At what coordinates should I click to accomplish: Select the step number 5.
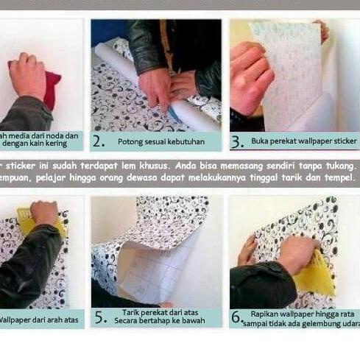coord(99,317)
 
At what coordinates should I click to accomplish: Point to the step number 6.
coord(236,317)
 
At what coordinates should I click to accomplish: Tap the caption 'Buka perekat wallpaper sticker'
coord(303,140)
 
